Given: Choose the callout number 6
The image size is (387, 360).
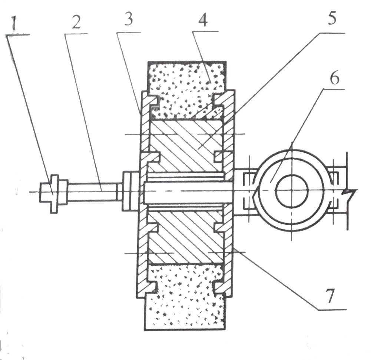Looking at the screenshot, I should [x=335, y=80].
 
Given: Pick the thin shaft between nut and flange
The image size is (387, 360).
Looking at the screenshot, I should [x=93, y=191].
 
